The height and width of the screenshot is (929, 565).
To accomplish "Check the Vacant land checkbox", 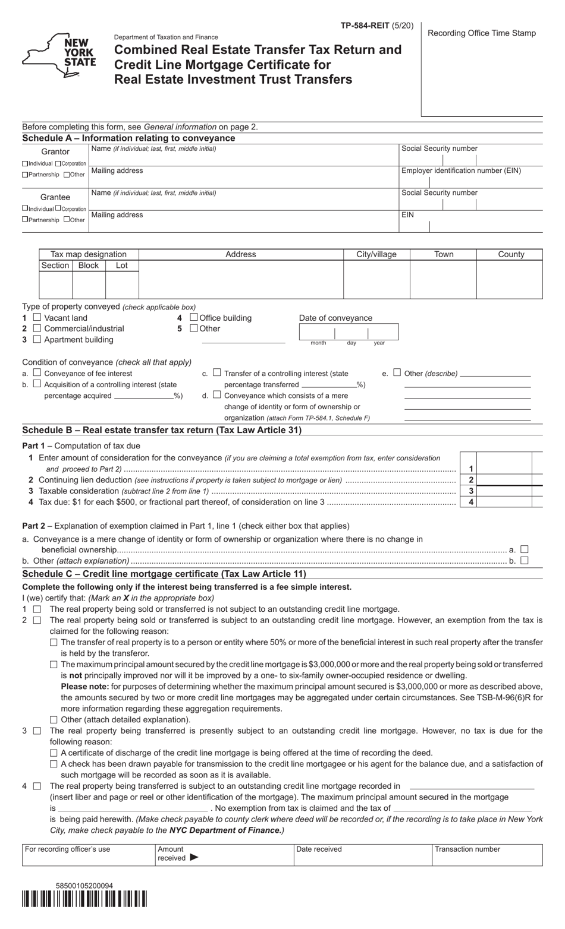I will [x=37, y=318].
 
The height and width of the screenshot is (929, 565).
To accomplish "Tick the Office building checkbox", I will [x=193, y=318].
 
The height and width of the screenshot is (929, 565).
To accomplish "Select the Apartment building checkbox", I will [x=37, y=339].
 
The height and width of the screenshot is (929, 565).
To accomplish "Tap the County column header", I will [x=510, y=254].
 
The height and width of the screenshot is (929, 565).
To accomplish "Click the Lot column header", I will [x=121, y=266].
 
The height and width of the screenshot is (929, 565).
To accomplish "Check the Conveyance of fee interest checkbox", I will [x=37, y=373].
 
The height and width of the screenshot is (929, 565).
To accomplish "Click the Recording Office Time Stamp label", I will [x=482, y=33].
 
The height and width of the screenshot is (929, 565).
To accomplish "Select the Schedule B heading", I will [x=162, y=430].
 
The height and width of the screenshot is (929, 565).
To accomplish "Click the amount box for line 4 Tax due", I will [x=510, y=502].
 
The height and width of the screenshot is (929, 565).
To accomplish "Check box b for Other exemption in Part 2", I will [x=524, y=560].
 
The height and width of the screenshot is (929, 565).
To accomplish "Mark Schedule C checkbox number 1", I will [x=37, y=609].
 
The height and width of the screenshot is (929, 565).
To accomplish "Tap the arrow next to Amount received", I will [x=194, y=858].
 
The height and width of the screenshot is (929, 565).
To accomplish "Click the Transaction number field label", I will [x=467, y=849].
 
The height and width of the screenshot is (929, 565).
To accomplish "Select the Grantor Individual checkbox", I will [x=25, y=163].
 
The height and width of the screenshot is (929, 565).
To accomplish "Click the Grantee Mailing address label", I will [x=117, y=214].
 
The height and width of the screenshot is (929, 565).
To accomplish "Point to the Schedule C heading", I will [x=164, y=574].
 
